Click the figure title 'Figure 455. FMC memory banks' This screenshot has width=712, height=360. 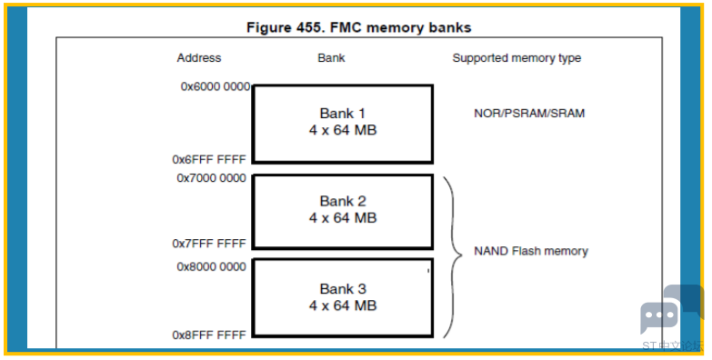pos(358,27)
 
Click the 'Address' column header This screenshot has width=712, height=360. pos(199,58)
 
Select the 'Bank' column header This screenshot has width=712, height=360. pos(331,58)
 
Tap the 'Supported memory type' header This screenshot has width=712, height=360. pos(516,58)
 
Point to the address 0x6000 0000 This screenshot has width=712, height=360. pos(216,86)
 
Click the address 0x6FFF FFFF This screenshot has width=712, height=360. pos(209,160)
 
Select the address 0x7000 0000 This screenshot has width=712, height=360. pos(211,178)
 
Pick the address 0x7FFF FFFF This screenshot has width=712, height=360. pos(209,244)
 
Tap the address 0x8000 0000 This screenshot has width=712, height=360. pos(211,267)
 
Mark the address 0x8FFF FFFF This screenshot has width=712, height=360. pos(209,335)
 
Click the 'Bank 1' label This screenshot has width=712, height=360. pos(343,113)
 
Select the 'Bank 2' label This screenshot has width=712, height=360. pos(343,201)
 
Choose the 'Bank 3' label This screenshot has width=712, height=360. pos(343,289)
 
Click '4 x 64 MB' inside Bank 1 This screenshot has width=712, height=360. pos(343,130)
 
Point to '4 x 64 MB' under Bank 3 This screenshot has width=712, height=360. pos(343,305)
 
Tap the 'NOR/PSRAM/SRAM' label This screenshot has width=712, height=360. pos(529,114)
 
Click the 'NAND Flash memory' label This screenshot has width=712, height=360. pos(531,251)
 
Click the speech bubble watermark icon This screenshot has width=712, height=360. pos(672,309)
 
